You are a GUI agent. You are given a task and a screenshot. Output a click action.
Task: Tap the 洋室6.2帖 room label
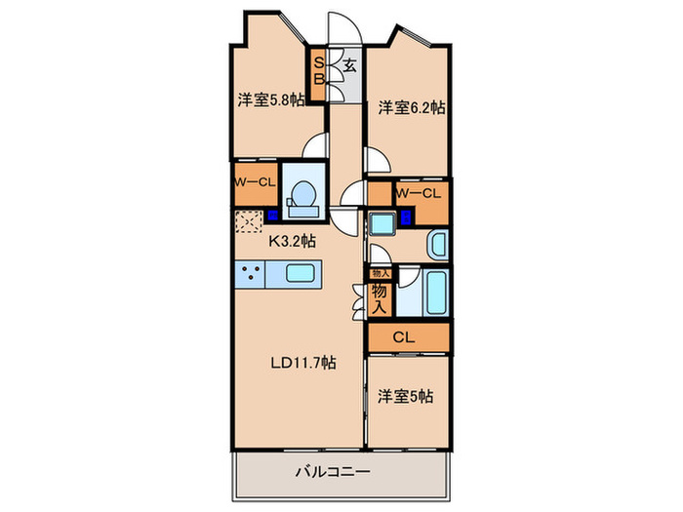coord(411,107)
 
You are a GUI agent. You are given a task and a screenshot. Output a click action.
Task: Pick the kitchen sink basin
coord(297,273)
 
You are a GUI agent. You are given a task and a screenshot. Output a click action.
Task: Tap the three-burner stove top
coord(250,274)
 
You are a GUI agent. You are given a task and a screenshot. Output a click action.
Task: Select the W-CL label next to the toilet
coord(254,180)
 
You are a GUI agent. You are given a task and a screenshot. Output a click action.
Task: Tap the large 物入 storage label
coord(379,297)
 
